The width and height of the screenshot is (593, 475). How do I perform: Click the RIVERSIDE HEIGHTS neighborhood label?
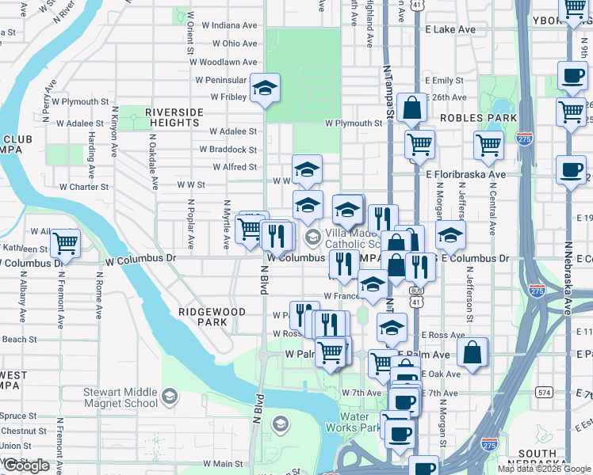(172, 118)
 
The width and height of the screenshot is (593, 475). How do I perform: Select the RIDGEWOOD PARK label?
(212, 317)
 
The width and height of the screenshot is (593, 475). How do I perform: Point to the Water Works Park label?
(354, 422)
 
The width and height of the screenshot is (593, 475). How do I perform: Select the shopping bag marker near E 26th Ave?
(412, 108)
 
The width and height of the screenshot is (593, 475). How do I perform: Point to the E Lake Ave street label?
(450, 29)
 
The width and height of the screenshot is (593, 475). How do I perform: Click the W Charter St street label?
(83, 188)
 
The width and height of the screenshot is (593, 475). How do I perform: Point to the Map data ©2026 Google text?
(544, 469)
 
